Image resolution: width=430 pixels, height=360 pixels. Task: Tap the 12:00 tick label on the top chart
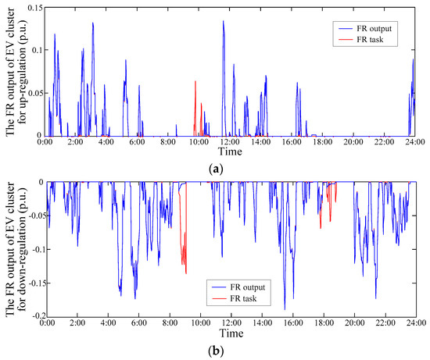[x=230, y=144]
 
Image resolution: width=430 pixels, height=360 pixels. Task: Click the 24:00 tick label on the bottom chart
[x=414, y=323]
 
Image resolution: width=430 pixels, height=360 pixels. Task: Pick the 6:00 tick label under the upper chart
[x=138, y=144]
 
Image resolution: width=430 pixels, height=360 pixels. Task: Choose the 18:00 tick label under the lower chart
[x=322, y=323]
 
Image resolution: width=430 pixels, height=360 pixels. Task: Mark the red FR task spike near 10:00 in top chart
[x=195, y=82]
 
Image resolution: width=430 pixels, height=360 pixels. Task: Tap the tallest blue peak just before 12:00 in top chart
[x=223, y=22]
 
